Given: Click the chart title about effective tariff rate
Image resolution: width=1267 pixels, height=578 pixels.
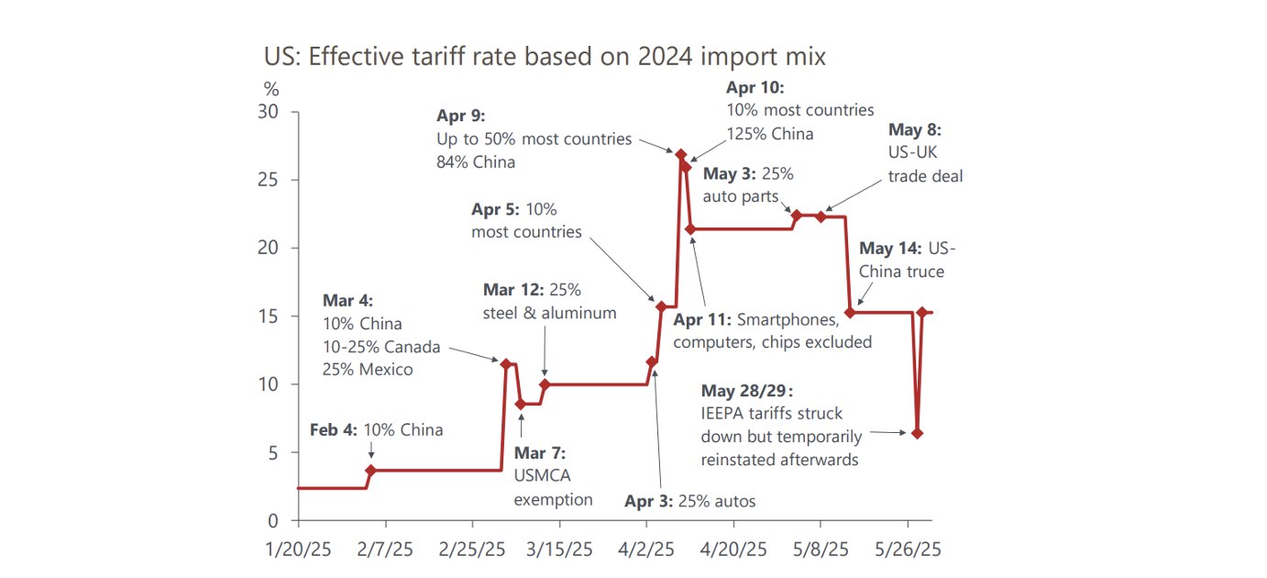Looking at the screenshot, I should tap(545, 57).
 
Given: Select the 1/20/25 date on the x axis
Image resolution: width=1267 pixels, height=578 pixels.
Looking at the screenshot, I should tap(298, 550).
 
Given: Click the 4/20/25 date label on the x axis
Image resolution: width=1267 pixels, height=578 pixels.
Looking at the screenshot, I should tap(733, 550).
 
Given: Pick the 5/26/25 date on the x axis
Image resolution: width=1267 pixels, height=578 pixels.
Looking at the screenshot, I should tap(908, 550).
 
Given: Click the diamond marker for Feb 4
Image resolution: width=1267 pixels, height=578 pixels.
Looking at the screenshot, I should tap(370, 471).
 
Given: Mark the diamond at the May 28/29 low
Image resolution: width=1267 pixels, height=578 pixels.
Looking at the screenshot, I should tap(917, 433).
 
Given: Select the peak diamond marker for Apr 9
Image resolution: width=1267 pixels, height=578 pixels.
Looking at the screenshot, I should tap(680, 154).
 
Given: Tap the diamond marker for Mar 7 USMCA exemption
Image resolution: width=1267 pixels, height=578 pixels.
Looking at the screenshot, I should tap(521, 404).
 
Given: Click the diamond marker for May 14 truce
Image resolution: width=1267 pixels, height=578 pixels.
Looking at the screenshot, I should tap(850, 313).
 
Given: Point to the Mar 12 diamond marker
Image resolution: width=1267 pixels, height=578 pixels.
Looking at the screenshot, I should tap(545, 384).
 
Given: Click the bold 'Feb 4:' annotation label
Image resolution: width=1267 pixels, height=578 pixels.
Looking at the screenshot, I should tap(334, 429).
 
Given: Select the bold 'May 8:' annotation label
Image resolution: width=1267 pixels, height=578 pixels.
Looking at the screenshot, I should tap(914, 130).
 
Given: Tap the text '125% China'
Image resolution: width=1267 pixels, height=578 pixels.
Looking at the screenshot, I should tap(770, 134).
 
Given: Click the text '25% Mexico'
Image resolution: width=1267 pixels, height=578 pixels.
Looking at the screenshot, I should tap(368, 371).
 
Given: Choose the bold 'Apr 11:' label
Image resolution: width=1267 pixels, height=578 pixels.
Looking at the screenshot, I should tap(702, 320).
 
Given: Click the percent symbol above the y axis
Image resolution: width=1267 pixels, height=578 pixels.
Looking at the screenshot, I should tap(271, 90).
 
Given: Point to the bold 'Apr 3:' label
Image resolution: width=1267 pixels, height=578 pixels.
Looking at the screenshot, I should tap(649, 501).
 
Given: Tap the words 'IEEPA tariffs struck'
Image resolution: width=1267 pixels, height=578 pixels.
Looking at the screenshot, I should tap(771, 413).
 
